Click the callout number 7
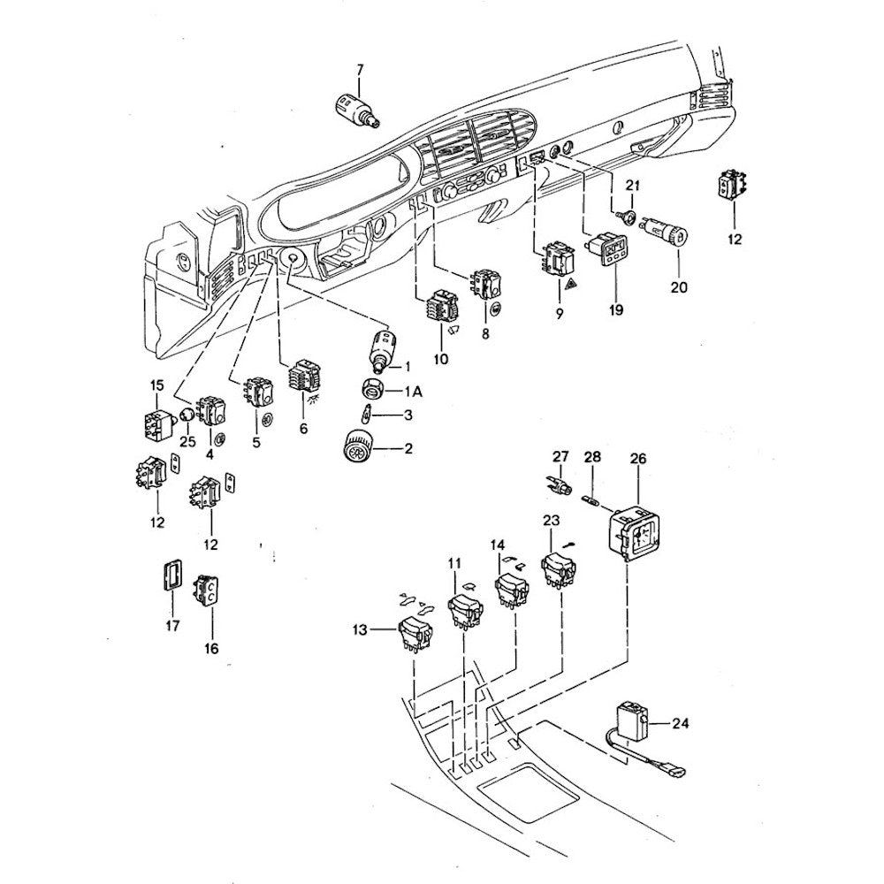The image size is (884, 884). (359, 70)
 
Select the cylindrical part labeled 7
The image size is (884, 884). (357, 110)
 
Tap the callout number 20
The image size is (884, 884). (677, 286)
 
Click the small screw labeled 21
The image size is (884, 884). (628, 216)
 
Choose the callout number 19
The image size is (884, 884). (615, 310)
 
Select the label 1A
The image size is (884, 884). (413, 390)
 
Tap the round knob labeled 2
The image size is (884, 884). (360, 446)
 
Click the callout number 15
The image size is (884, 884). (156, 385)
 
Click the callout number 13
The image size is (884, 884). (358, 629)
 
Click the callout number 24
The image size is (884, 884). (680, 723)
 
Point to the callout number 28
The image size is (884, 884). (592, 457)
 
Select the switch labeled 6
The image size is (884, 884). (302, 381)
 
